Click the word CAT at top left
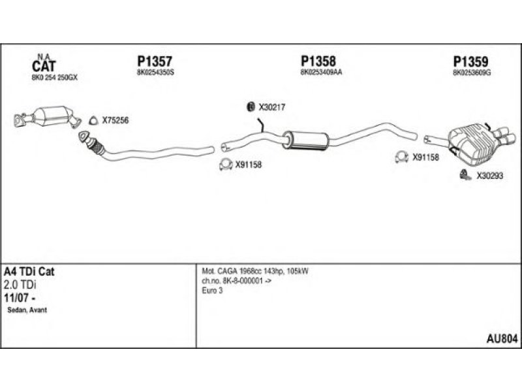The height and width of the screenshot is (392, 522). click(x=44, y=65)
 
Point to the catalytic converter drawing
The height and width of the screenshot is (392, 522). click(x=46, y=119)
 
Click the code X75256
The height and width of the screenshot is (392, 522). click(x=115, y=120)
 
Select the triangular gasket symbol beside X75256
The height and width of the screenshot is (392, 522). click(x=92, y=120)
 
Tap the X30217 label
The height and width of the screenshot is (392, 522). click(x=272, y=107)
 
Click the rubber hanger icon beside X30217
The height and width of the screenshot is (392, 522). click(x=249, y=107)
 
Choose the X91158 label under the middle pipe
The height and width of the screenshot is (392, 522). click(x=248, y=165)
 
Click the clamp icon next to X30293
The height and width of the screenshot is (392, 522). click(x=465, y=174)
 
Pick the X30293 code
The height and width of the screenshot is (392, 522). click(x=489, y=175)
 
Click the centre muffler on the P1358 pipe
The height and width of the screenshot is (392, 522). click(x=305, y=139)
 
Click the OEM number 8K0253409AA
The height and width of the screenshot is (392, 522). click(x=321, y=73)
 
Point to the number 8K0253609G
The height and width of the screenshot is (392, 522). click(x=472, y=73)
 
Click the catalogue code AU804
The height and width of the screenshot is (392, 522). click(x=502, y=338)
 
